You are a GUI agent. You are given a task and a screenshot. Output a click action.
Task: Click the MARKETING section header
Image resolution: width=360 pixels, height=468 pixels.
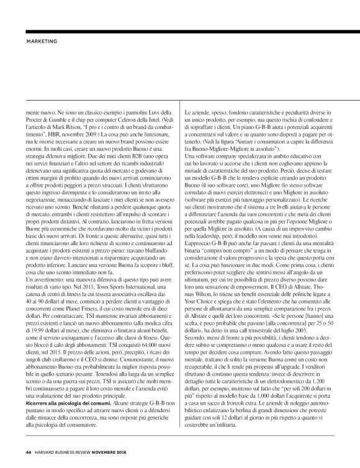[x=42, y=42]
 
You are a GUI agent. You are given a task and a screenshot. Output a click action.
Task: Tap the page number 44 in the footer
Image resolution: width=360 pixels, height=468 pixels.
[x=29, y=451]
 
